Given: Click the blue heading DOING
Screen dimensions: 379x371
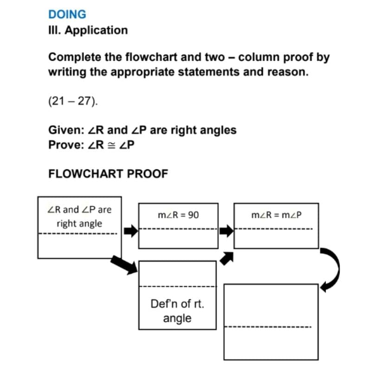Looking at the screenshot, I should tap(67, 14).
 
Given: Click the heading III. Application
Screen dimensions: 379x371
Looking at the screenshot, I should tap(88, 31).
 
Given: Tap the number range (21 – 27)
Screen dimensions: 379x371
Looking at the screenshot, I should tap(73, 101).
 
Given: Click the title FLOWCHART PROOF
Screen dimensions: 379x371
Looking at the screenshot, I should tap(108, 174).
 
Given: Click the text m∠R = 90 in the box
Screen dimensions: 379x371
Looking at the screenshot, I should tap(178, 216).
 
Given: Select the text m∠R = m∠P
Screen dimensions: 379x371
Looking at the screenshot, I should tap(275, 216).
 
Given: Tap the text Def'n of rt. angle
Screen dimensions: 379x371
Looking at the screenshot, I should tap(177, 311).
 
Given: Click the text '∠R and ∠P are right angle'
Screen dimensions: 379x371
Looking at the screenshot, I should tap(79, 216).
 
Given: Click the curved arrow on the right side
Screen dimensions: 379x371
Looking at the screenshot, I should tap(333, 269).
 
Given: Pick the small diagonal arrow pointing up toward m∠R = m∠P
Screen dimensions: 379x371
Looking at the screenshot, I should tap(226, 258).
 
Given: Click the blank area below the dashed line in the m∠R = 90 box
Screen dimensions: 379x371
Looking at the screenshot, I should tap(178, 239).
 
